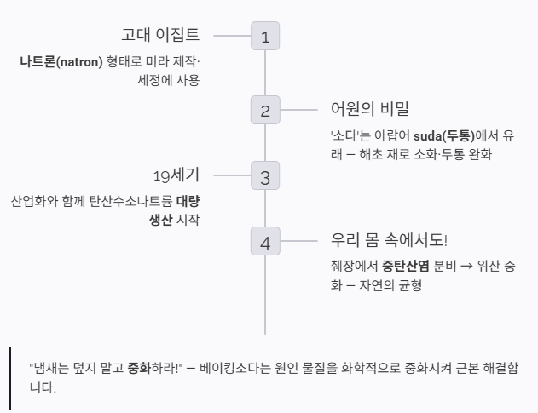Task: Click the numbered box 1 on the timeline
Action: (265, 37)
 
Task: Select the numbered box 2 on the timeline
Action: (265, 110)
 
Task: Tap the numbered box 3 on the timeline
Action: (265, 177)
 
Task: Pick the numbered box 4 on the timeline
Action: (265, 243)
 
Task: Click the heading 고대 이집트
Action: (160, 35)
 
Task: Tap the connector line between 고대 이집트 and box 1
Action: (231, 37)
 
